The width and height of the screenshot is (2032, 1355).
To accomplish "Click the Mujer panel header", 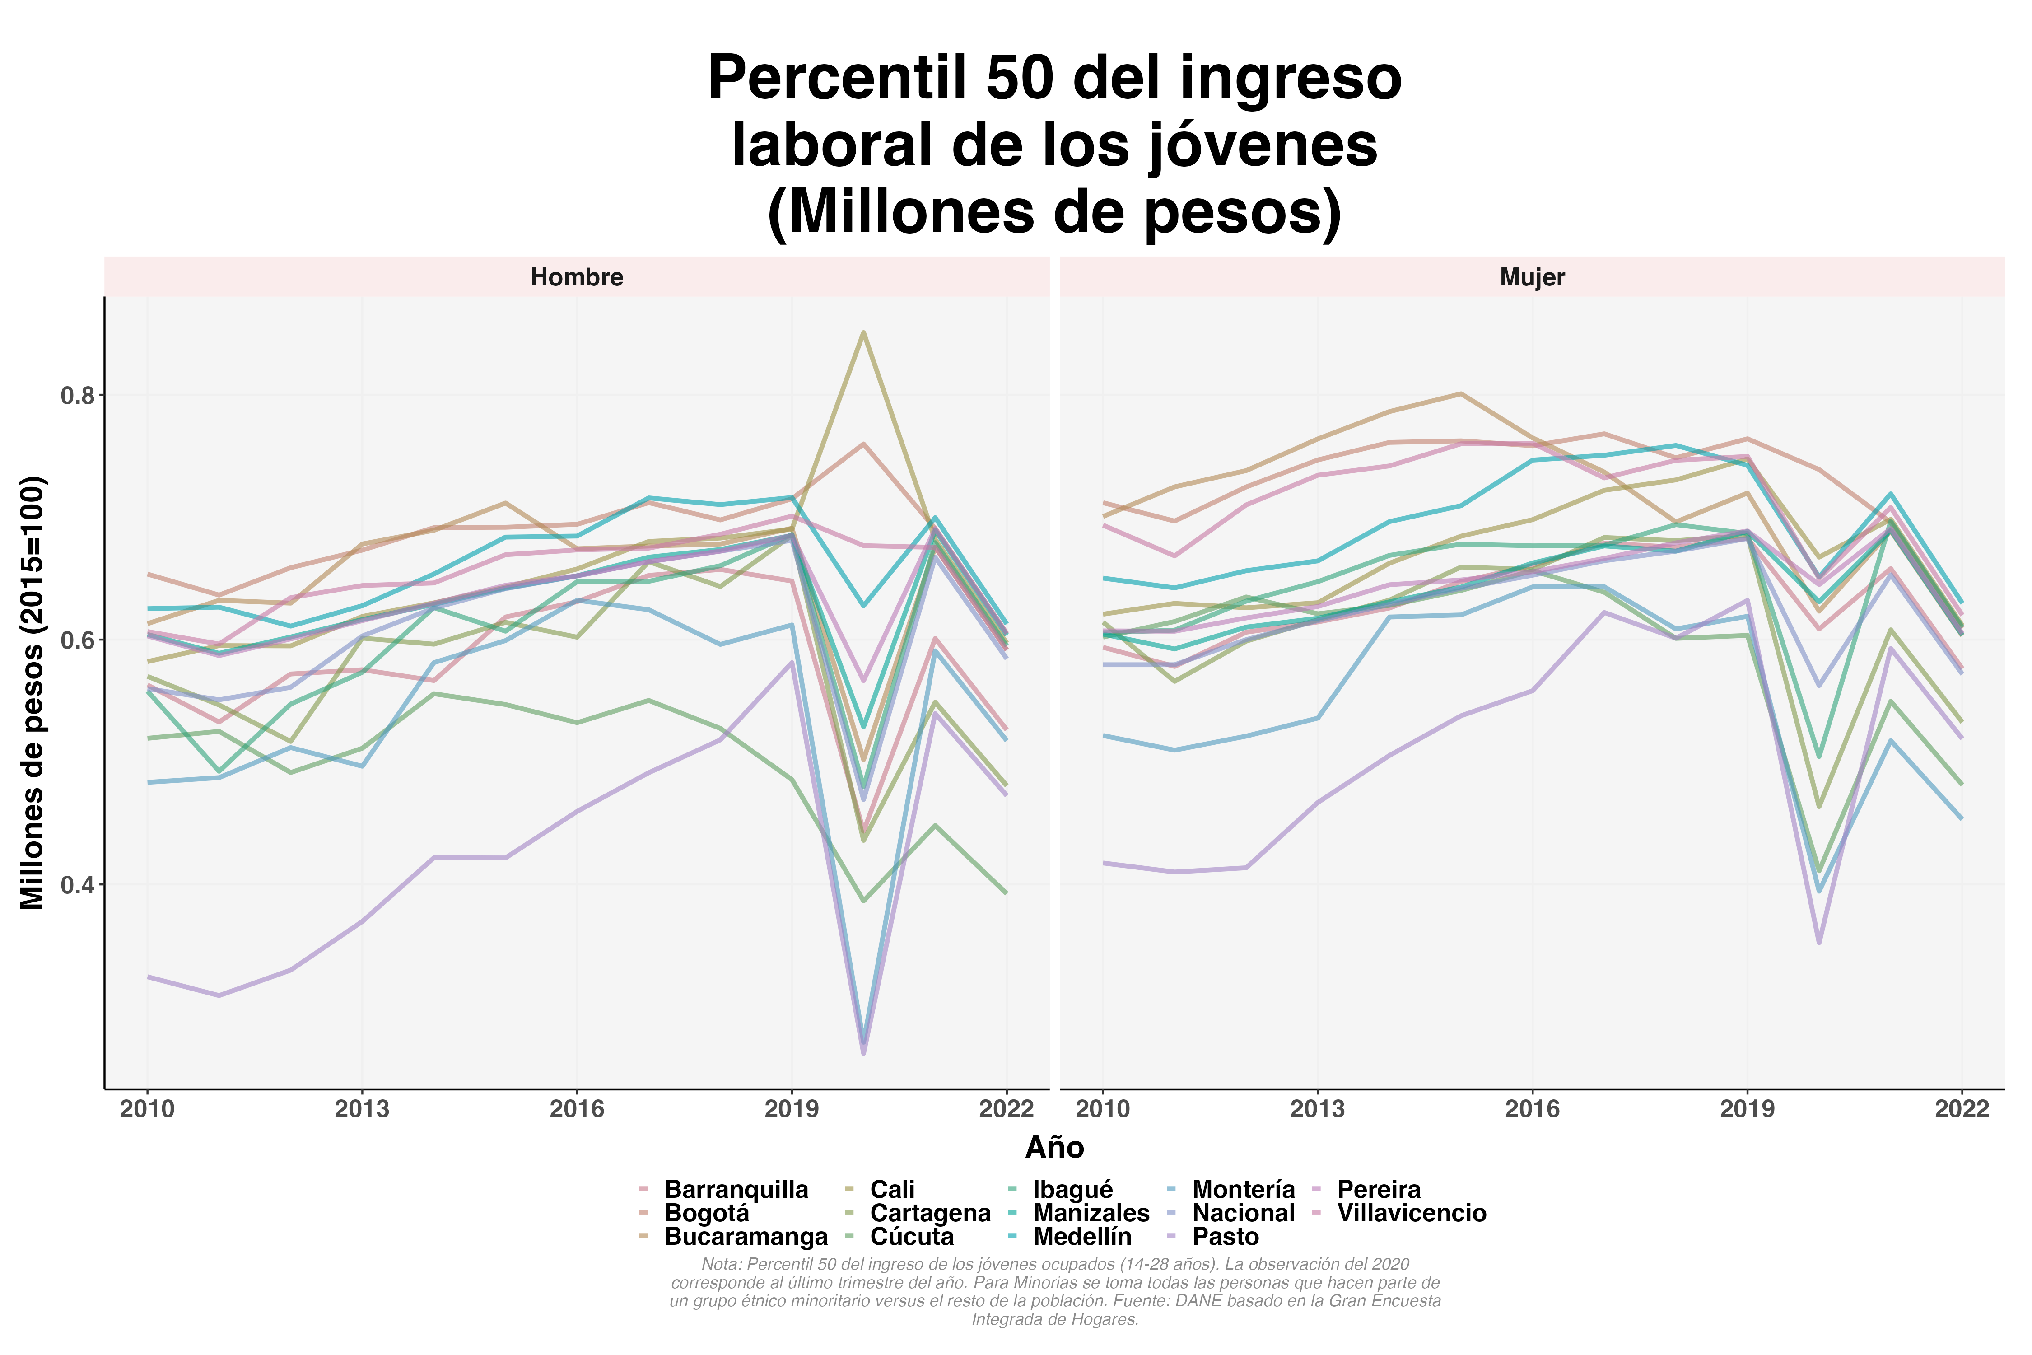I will tap(1532, 277).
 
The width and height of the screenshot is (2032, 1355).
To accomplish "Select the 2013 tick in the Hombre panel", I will tap(362, 1109).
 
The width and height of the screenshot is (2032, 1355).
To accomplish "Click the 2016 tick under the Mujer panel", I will tap(1532, 1109).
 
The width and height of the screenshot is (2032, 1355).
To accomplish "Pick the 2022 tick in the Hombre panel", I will tap(1006, 1109).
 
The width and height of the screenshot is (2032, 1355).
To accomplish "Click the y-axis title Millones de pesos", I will tap(33, 692).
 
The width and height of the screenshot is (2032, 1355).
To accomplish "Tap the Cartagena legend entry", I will tap(930, 1213).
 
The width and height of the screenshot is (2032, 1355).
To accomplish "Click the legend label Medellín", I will tap(1081, 1237).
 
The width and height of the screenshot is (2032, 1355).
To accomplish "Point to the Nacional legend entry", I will tap(1243, 1213).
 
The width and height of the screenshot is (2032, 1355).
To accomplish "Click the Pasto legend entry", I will tap(1225, 1237).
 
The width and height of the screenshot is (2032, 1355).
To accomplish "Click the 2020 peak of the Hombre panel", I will tap(863, 333).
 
